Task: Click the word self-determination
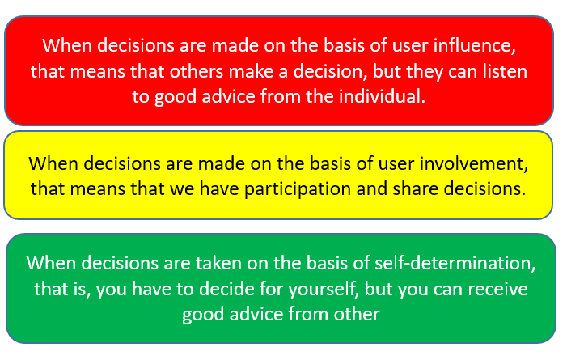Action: [454, 263]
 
